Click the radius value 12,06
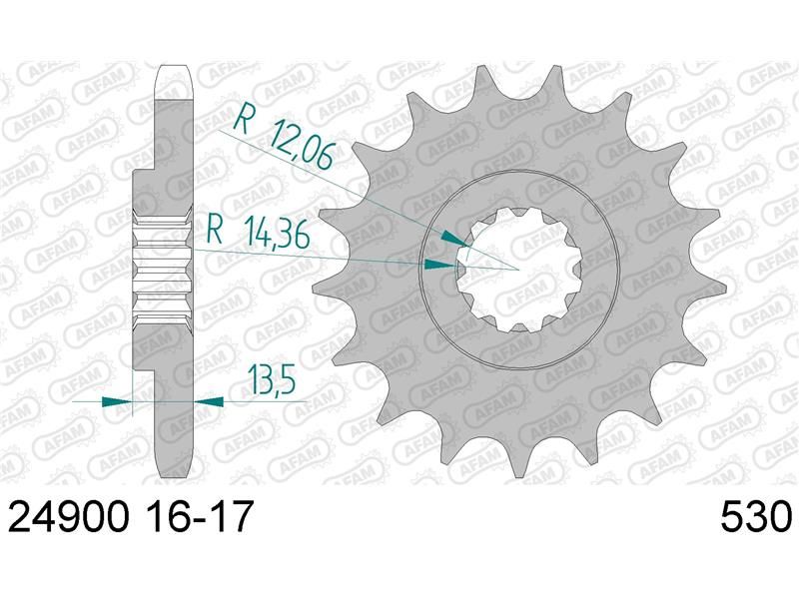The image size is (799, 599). pos(301,144)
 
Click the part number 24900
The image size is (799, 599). pos(67,516)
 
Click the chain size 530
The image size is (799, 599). pos(757,516)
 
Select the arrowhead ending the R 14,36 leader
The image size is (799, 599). pos(440,264)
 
